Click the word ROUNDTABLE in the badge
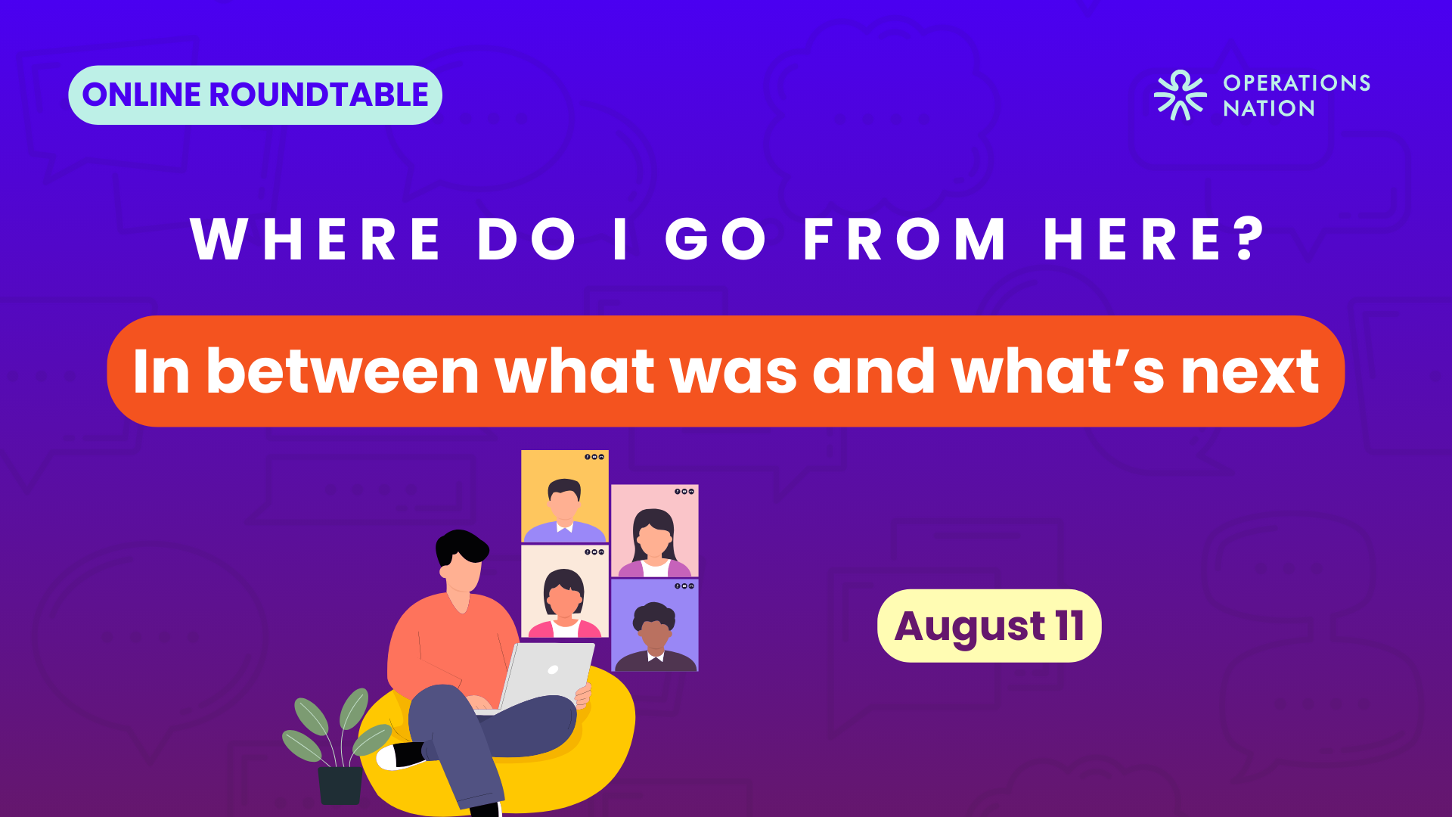tap(318, 95)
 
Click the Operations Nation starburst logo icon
tap(1180, 95)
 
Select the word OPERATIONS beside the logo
tap(1297, 82)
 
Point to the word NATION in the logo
tap(1269, 108)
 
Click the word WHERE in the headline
tap(315, 239)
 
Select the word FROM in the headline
tap(904, 239)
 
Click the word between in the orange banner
tap(343, 371)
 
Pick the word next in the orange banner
tap(1250, 373)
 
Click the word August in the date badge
tap(970, 627)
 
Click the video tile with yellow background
tap(565, 496)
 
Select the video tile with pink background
tap(655, 531)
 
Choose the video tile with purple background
tap(655, 626)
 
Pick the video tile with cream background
tap(565, 592)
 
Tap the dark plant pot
tap(340, 785)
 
